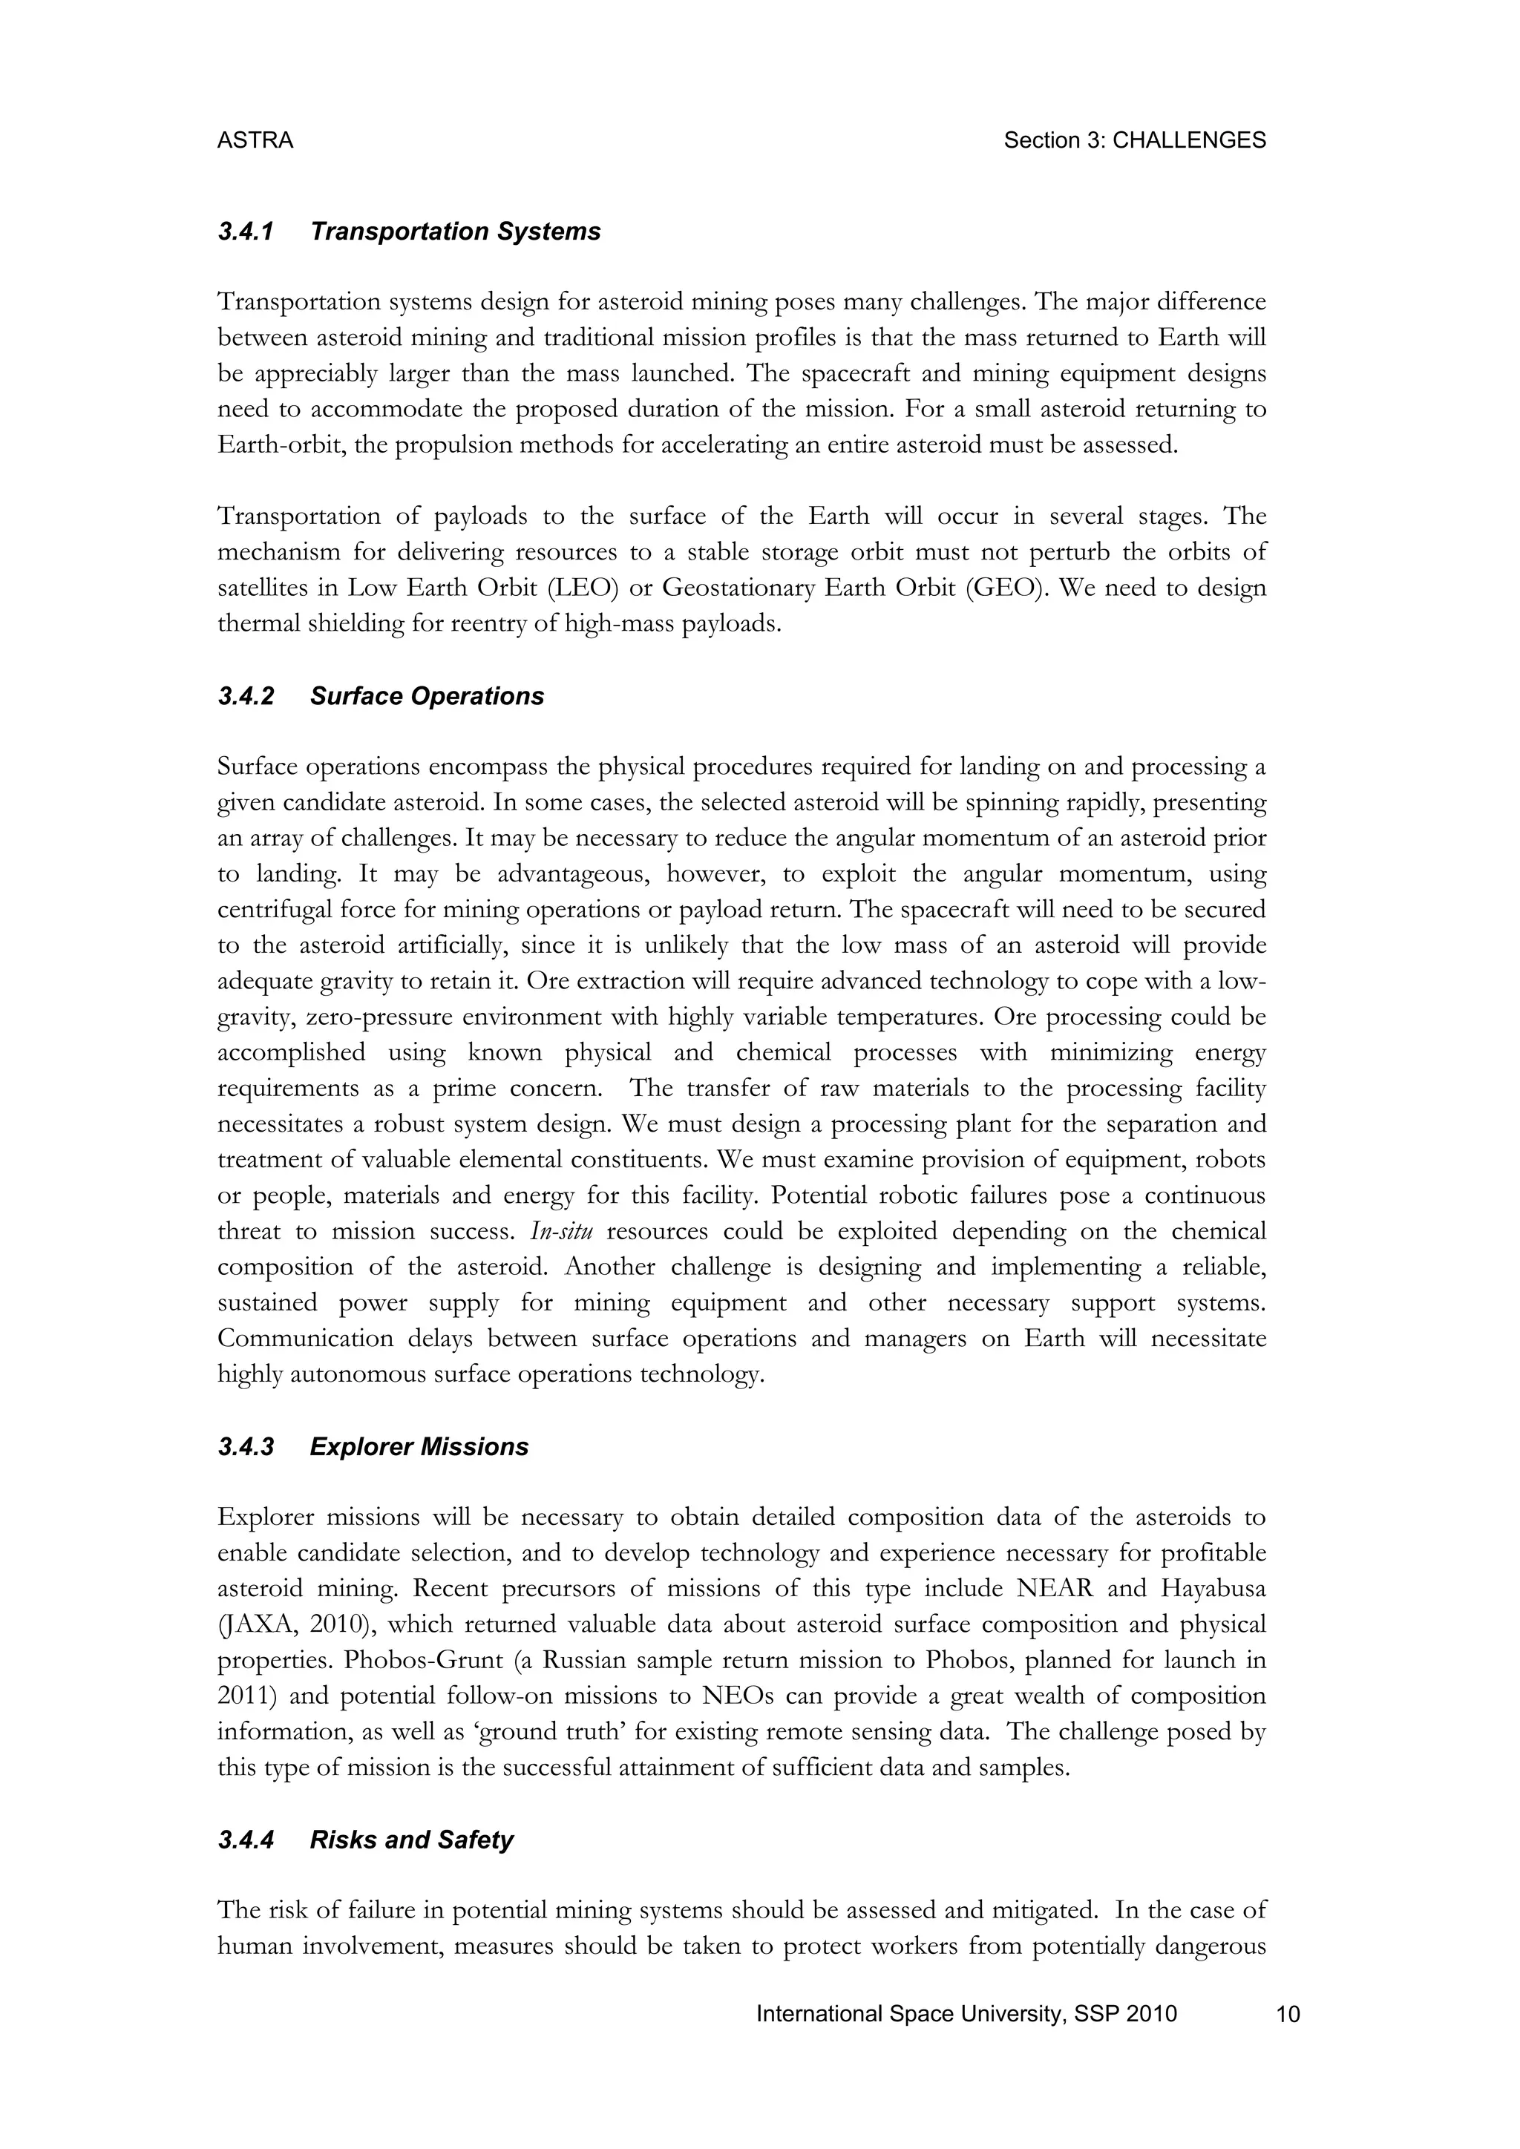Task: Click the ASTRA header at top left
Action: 255,140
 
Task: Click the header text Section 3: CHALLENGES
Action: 1134,140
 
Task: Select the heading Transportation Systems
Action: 455,232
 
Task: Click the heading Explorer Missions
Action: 419,1447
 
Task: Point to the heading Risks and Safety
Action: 411,1840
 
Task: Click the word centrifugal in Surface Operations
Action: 273,910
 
